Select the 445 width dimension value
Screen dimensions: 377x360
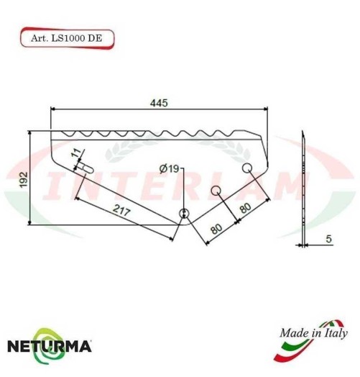159,104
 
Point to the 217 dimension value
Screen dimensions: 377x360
121,212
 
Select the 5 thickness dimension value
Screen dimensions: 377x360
328,238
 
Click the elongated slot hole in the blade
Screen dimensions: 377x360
87,167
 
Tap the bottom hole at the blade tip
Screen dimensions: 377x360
184,214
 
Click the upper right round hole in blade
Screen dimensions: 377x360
246,168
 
